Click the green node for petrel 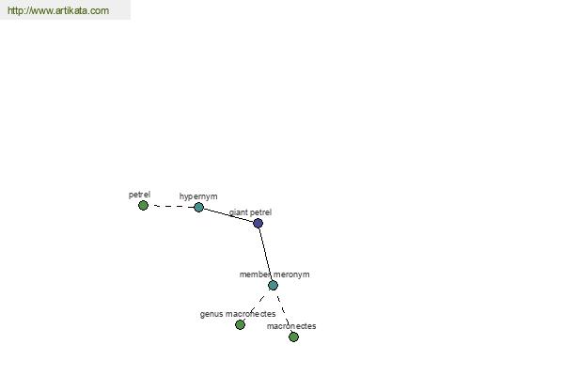[x=143, y=206]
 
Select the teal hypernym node [x=198, y=207]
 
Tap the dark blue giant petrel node [x=258, y=223]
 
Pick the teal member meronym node [x=273, y=286]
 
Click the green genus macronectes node [x=240, y=324]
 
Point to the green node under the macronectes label [x=293, y=337]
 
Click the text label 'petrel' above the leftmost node [x=139, y=195]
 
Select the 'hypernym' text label [x=198, y=196]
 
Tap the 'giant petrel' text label [x=250, y=212]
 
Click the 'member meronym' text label [x=274, y=274]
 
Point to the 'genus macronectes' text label [x=238, y=314]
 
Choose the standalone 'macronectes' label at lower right [x=291, y=326]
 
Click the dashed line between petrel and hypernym [x=171, y=206]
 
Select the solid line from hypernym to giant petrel [x=228, y=215]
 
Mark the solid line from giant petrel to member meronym [x=265, y=254]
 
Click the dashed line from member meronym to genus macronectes [x=257, y=305]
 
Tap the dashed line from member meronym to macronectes [x=284, y=311]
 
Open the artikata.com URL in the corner [x=58, y=10]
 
